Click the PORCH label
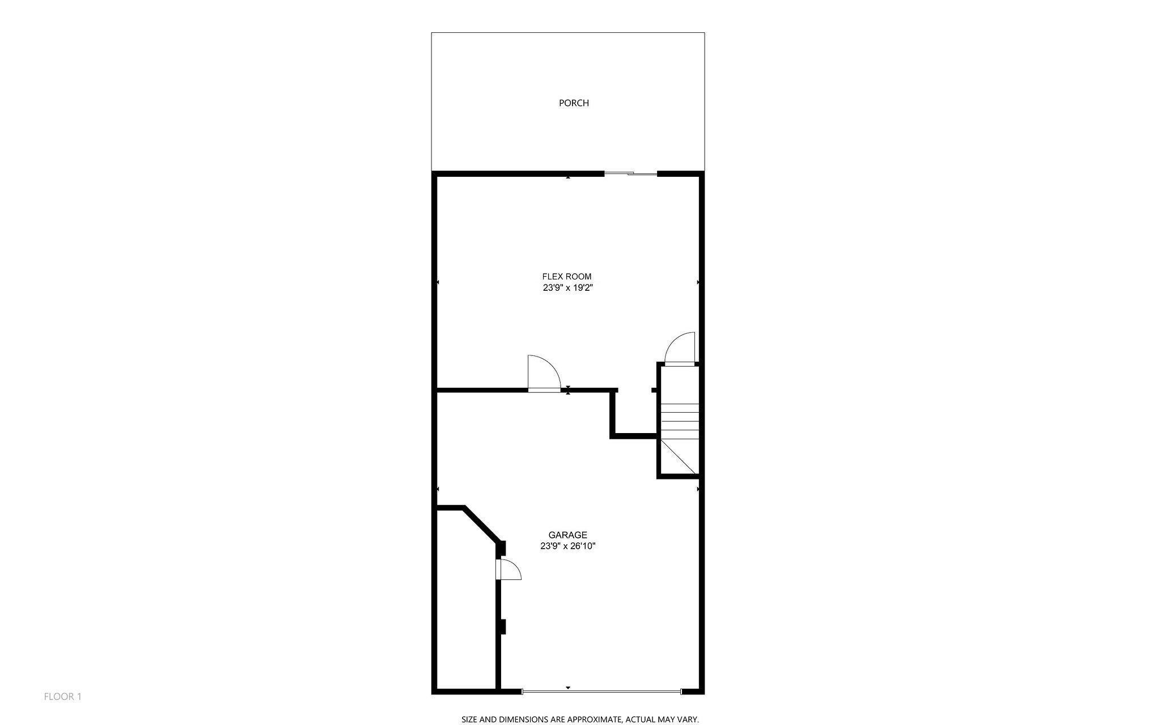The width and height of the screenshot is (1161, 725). coord(574,103)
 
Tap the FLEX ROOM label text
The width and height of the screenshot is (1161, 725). coord(567,277)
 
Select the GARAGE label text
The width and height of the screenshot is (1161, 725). coord(567,535)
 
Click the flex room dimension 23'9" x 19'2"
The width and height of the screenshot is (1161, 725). coord(568,288)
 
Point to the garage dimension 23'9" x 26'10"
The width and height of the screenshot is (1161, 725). coord(567,546)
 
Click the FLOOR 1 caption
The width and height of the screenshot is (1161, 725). coord(63,697)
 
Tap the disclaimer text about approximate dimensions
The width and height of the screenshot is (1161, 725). coord(580,719)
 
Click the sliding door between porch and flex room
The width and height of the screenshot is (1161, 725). coord(630,173)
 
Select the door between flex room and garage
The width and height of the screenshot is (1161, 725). coord(543,374)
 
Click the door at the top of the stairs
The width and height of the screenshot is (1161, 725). coord(679,349)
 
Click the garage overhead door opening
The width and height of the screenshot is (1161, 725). coord(601,692)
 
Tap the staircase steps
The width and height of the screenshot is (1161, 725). coord(679,421)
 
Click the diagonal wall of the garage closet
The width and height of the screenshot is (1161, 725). coord(482,524)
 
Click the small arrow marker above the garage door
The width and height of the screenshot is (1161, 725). coord(568,688)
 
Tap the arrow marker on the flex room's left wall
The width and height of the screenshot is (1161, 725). coord(438,282)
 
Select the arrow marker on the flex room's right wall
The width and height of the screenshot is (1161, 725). coord(698,282)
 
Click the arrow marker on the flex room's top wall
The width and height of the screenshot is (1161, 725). coord(568,177)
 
